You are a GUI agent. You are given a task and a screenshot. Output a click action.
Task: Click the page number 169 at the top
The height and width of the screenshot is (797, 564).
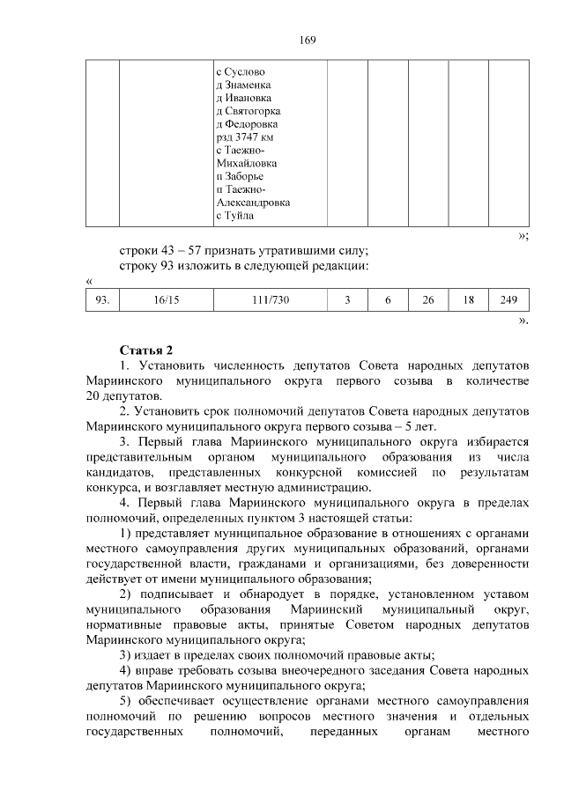[x=307, y=41]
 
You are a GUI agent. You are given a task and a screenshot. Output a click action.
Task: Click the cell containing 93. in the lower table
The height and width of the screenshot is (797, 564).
[x=102, y=300]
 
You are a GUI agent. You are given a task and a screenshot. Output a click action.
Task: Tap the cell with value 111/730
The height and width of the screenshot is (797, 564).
[x=269, y=300]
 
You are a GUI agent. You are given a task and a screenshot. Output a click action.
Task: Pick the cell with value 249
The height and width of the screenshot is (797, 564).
[x=508, y=300]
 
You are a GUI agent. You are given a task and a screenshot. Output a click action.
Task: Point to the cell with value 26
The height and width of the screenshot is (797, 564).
[x=428, y=300]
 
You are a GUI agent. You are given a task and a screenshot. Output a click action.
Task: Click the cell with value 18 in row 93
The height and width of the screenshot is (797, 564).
[x=469, y=300]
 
